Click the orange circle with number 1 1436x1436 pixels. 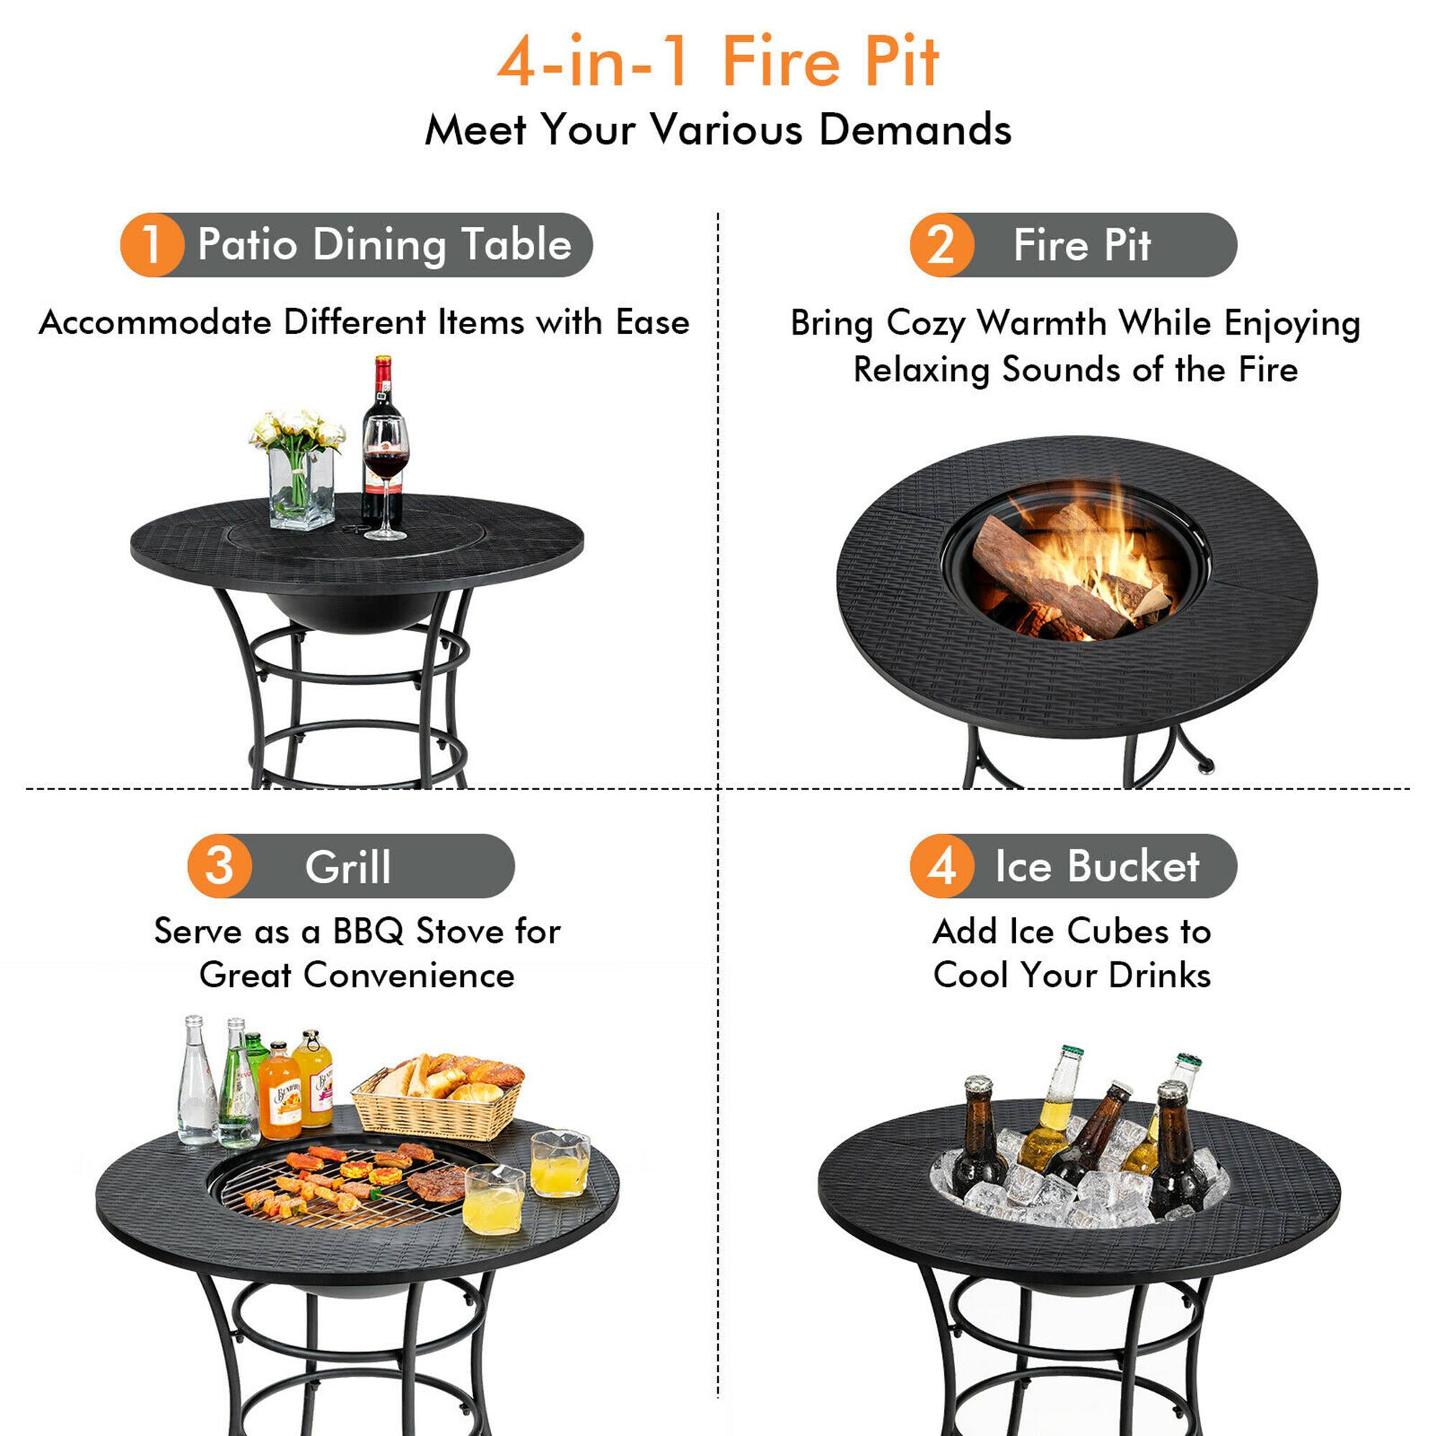click(151, 245)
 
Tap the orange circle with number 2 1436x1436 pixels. click(941, 245)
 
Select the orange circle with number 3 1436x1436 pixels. click(219, 865)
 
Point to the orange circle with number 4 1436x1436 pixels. click(941, 865)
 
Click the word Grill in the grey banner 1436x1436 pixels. click(348, 867)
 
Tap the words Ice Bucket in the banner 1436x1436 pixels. click(1097, 867)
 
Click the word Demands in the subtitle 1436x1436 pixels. click(915, 130)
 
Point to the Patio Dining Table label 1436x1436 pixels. click(384, 245)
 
